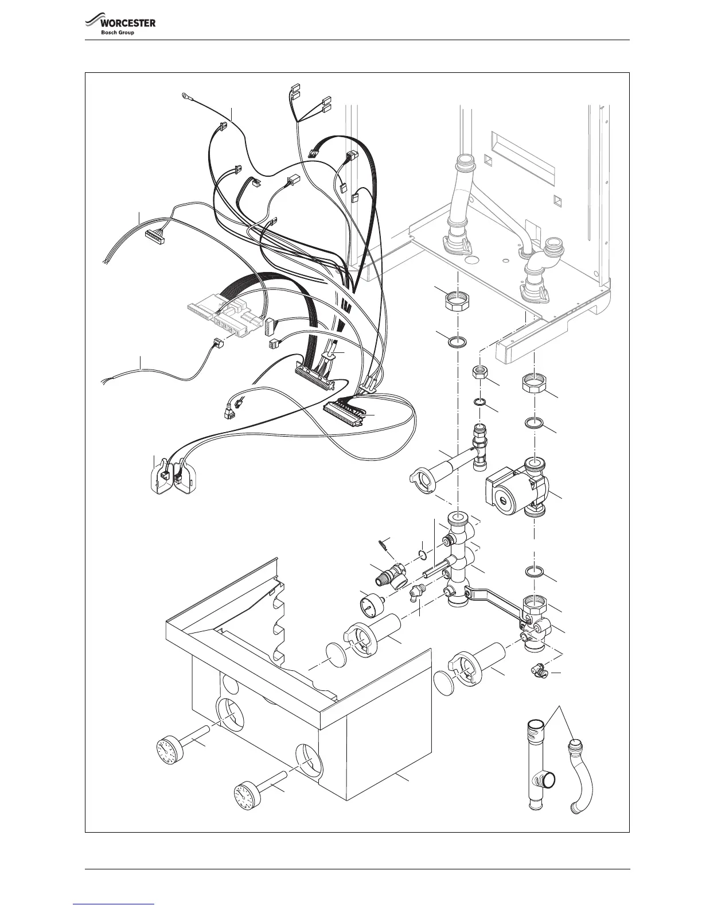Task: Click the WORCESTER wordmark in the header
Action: pos(128,24)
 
